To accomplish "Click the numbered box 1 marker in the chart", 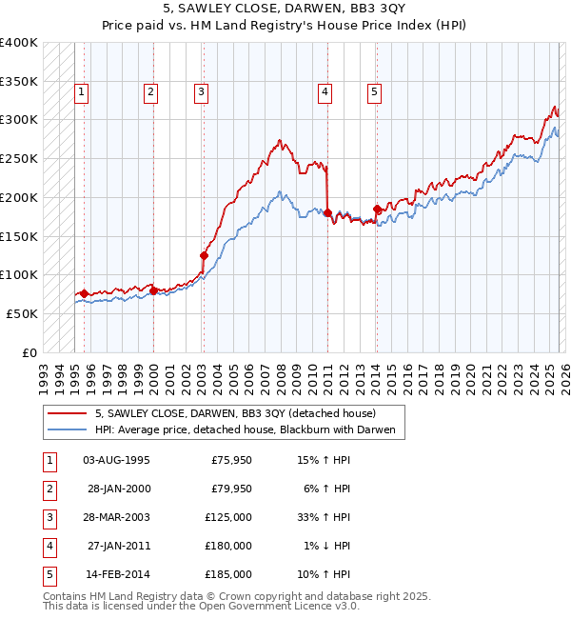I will [x=82, y=92].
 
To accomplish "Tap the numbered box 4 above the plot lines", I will [x=325, y=92].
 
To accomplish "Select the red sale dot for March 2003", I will [x=204, y=255].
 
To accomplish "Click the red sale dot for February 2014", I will [x=377, y=209].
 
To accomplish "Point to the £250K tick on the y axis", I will [x=20, y=158].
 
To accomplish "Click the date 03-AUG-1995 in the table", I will [x=116, y=461].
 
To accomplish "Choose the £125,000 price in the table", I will [x=228, y=518].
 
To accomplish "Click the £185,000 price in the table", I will [x=228, y=575].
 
